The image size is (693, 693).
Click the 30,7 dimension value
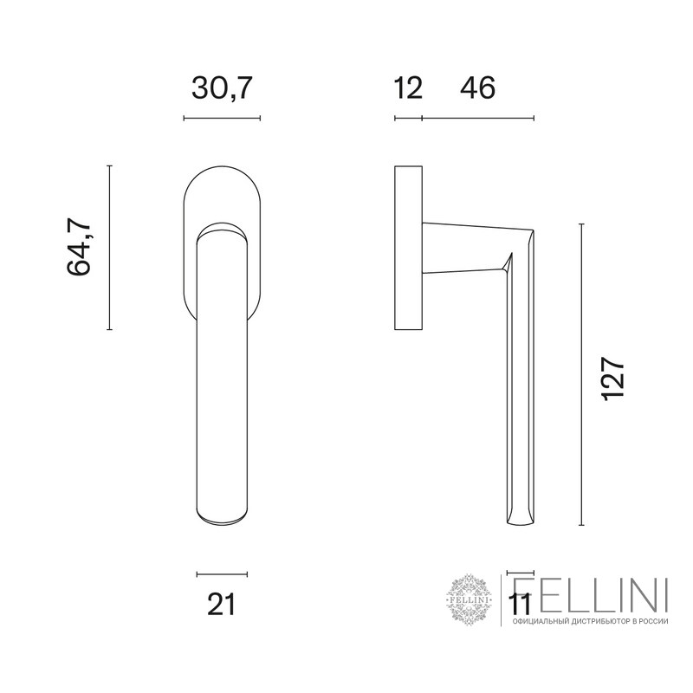tap(222, 87)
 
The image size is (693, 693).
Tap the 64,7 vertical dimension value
tap(79, 247)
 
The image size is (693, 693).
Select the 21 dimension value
tap(222, 604)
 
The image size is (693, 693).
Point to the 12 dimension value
tap(407, 87)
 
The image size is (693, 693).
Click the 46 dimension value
tap(478, 87)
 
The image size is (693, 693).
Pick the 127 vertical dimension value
tap(613, 379)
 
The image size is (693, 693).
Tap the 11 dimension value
tap(520, 604)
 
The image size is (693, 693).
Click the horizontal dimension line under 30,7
tap(222, 118)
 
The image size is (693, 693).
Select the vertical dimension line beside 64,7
tap(110, 248)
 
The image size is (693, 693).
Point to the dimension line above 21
tap(222, 574)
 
